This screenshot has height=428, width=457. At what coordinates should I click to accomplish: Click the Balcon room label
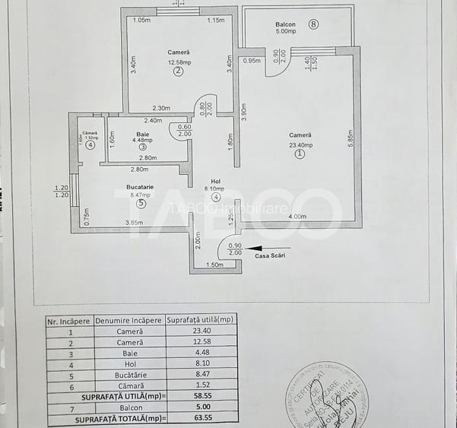[285, 24]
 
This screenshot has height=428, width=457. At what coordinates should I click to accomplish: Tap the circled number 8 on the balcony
[313, 24]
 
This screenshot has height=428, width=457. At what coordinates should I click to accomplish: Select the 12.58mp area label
[179, 62]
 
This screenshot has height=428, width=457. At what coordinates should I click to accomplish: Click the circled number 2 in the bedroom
[178, 71]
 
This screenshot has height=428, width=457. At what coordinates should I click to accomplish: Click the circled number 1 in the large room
[300, 154]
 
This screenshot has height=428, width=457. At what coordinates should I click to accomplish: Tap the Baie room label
[142, 133]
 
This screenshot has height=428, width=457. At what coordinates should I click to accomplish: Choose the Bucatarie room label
[140, 187]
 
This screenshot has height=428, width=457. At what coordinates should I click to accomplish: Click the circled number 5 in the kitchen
[141, 203]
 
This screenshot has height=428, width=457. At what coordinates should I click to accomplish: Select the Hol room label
[216, 181]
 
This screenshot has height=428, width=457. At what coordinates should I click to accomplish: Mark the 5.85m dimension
[351, 137]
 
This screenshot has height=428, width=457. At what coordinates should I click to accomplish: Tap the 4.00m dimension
[297, 216]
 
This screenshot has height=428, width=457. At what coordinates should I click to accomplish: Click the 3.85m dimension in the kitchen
[135, 222]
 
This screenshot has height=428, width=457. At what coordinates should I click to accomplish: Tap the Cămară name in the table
[129, 385]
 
